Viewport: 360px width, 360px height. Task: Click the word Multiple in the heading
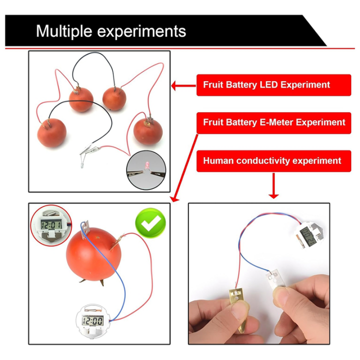pos(65,31)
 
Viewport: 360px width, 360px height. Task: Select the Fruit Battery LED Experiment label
pos(266,85)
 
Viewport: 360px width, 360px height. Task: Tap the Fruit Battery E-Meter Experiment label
pos(274,122)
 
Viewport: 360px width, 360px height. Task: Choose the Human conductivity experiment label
pos(272,161)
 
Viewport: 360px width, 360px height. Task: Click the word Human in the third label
pos(219,161)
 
